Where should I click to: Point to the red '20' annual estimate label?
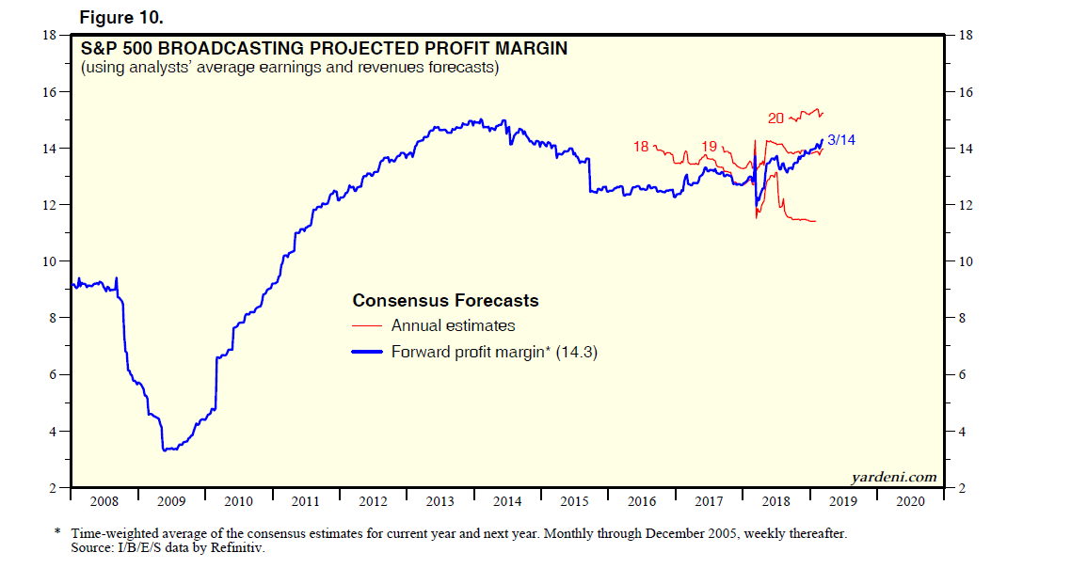(776, 118)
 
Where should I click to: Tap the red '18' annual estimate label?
(642, 147)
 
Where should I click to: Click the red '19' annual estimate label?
(711, 146)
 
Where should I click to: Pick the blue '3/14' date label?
(840, 140)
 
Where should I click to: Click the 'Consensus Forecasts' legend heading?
(445, 301)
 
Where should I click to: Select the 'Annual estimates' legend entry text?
(453, 326)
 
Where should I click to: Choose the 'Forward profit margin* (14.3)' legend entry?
(495, 353)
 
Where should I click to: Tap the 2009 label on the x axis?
(170, 502)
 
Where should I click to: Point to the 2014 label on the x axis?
(507, 502)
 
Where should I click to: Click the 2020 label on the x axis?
(910, 502)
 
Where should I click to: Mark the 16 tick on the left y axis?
(51, 92)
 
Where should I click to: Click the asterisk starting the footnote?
(58, 532)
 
